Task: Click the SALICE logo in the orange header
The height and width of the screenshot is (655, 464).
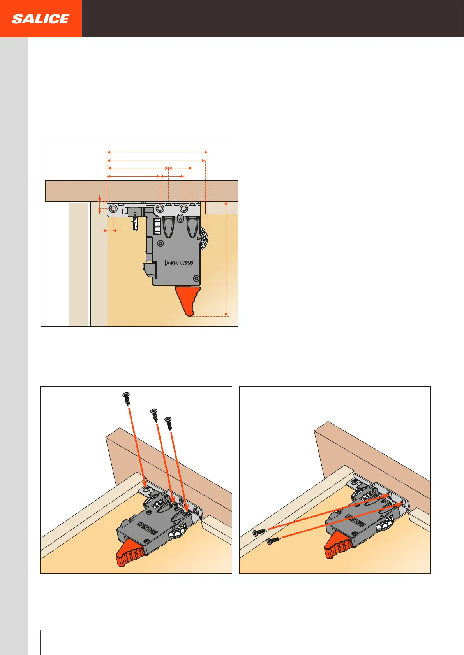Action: point(41,19)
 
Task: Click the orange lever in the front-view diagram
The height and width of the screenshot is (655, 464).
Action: point(188,300)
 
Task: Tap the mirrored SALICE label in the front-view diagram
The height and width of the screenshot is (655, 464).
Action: point(180,263)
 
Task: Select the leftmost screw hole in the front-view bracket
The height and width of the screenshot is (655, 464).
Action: point(113,209)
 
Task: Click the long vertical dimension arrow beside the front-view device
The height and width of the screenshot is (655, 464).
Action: point(226,259)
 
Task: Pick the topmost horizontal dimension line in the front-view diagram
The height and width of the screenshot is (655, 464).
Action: point(157,152)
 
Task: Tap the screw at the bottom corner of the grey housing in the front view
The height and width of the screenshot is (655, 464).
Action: point(196,278)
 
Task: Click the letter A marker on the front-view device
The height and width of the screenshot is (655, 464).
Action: point(135,219)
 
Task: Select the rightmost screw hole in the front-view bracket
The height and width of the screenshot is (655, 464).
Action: point(183,209)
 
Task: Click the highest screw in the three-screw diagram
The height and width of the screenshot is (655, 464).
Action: point(127,399)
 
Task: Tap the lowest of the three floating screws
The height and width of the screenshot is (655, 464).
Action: point(168,424)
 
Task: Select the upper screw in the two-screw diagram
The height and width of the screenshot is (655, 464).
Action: point(259,532)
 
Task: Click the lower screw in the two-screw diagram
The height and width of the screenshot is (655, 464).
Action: point(273,541)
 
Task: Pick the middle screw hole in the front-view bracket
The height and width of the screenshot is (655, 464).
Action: point(160,209)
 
